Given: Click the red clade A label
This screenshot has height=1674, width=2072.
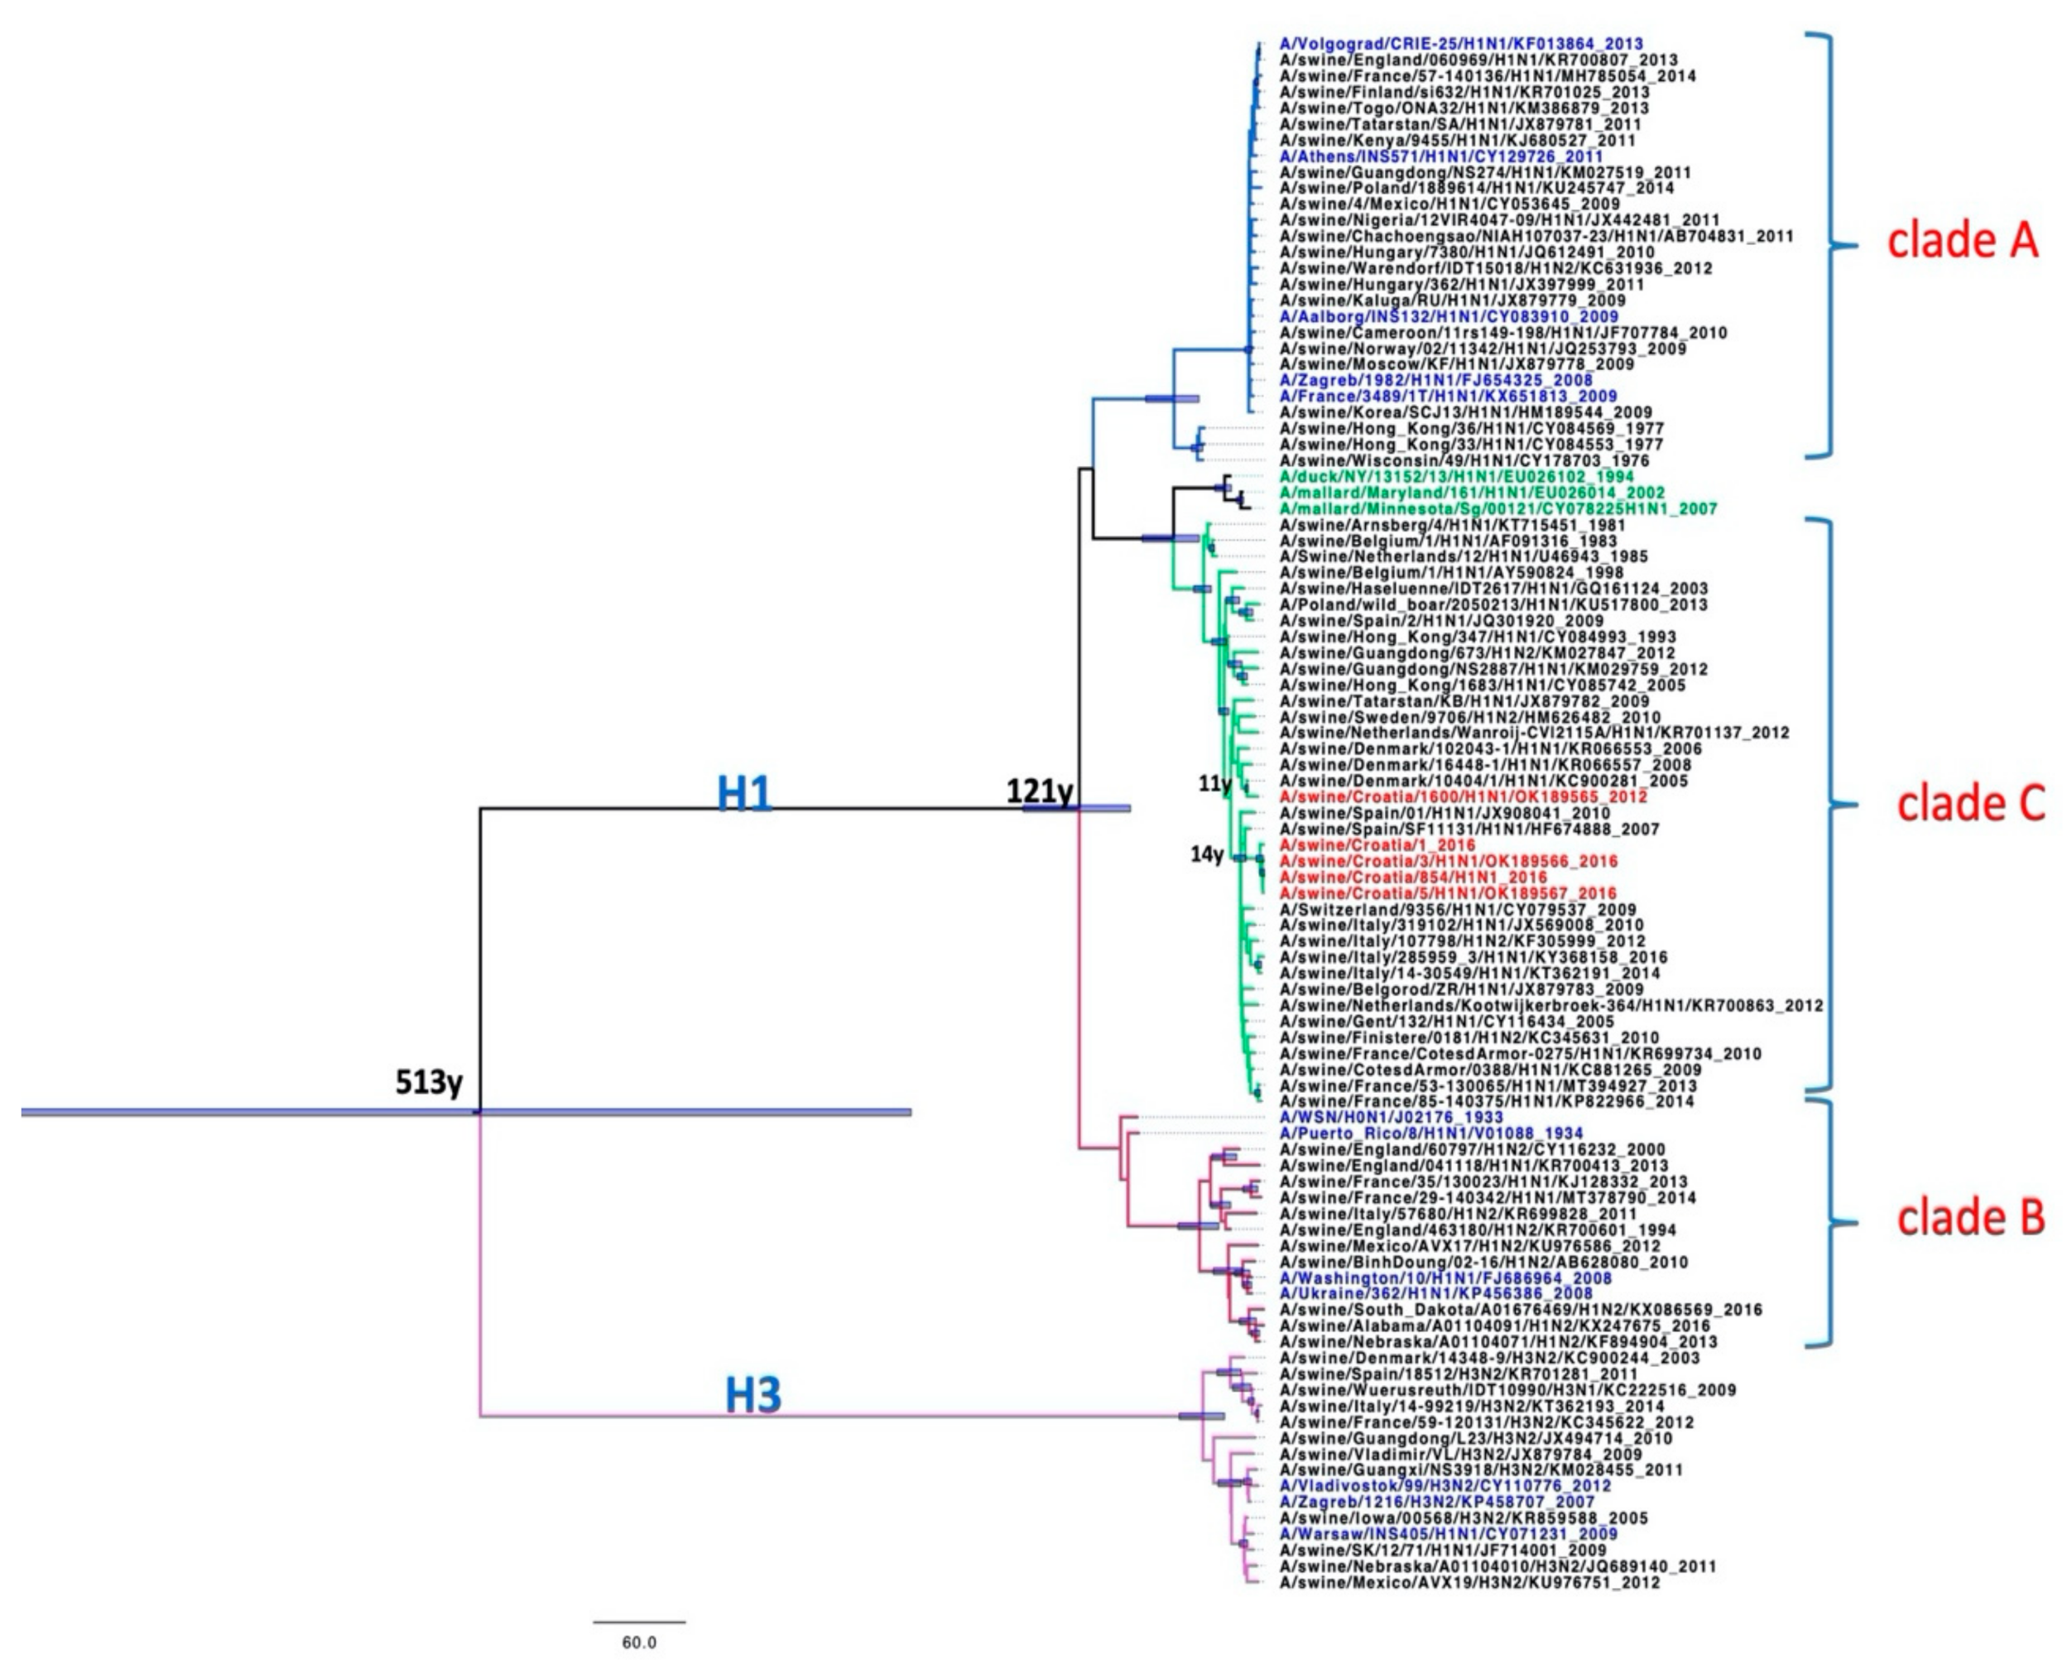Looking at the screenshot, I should (x=1962, y=241).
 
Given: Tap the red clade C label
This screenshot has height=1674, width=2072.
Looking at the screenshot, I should (x=1970, y=803).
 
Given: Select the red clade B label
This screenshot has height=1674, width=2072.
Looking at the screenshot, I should (x=1970, y=1218).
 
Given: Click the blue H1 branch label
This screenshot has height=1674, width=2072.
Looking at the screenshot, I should (x=743, y=795).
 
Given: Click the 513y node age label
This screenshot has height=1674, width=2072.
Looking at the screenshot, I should (x=430, y=1082).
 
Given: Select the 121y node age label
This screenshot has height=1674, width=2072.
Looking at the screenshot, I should (x=1040, y=791).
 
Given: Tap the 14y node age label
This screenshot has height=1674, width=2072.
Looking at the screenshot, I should (x=1206, y=854).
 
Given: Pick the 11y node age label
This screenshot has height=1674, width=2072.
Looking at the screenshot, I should (x=1214, y=784).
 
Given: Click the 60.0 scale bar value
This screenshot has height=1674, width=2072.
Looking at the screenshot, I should (x=638, y=1643).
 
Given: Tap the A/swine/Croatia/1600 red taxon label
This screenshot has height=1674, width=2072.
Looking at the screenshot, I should (x=1463, y=796).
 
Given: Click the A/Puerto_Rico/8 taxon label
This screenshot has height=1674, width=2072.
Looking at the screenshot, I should (x=1430, y=1133).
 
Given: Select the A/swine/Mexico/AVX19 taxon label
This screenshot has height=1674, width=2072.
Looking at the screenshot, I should (x=1469, y=1582).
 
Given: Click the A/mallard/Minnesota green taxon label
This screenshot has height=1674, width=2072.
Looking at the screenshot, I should (x=1498, y=508).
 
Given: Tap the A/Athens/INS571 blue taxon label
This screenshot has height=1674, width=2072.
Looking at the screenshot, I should (x=1440, y=156).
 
